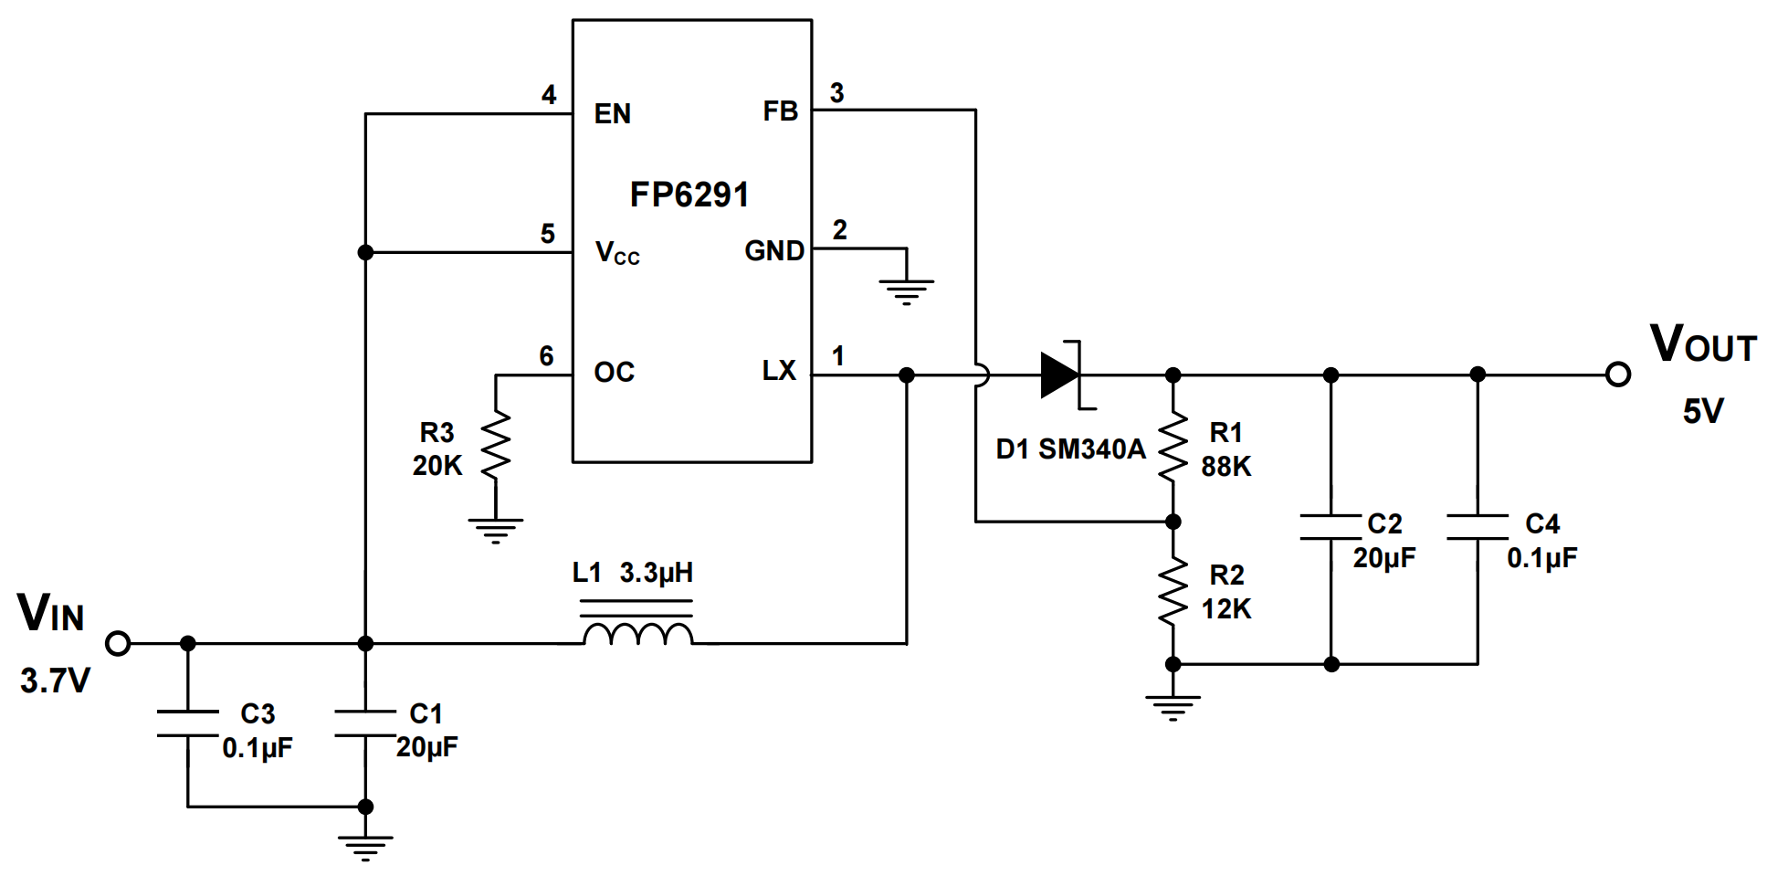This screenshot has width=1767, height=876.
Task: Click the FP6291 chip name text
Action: pos(689,195)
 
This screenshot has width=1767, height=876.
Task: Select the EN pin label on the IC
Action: pos(612,114)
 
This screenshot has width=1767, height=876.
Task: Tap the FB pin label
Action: pos(781,111)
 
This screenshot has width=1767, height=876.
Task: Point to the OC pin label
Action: pos(614,372)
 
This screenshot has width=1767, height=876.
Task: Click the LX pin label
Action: pos(779,371)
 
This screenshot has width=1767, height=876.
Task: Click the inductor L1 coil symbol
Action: pos(637,632)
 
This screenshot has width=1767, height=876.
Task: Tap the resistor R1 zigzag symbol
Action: pos(1173,448)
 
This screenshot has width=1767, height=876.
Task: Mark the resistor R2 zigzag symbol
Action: pos(1173,592)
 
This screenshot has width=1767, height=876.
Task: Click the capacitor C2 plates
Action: pos(1331,527)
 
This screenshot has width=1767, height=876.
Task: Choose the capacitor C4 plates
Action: pos(1478,527)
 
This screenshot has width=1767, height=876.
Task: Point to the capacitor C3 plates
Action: pos(188,723)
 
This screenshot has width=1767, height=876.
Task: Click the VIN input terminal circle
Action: pos(118,644)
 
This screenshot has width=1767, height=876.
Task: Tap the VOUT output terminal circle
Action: pos(1618,375)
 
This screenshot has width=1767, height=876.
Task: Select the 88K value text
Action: pos(1226,466)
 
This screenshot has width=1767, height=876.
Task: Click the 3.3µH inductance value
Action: pos(656,574)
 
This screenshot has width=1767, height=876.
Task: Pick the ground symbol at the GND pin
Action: pos(906,290)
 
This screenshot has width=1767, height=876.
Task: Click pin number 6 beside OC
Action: pos(546,355)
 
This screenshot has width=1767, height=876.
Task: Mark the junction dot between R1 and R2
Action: pos(1173,522)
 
